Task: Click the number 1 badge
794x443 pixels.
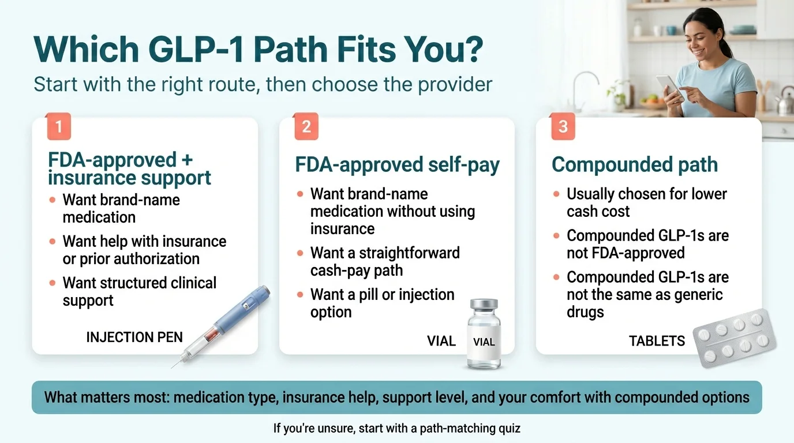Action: tap(59, 126)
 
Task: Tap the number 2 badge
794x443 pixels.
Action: tap(306, 126)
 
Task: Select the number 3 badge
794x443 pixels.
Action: tap(563, 126)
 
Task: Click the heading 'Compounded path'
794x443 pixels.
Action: tap(635, 164)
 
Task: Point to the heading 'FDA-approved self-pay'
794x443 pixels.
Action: tap(397, 164)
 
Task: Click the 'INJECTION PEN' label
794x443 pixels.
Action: tap(134, 337)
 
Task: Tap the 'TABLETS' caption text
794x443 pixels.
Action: tap(657, 341)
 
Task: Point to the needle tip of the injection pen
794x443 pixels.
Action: tap(173, 366)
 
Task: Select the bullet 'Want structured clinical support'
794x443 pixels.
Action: tap(139, 291)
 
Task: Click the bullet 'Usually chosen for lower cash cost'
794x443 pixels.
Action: tap(646, 202)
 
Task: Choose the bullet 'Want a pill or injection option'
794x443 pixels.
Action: tap(382, 303)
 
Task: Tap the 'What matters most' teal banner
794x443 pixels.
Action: tap(396, 397)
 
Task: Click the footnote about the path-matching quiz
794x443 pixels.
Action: tap(396, 429)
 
